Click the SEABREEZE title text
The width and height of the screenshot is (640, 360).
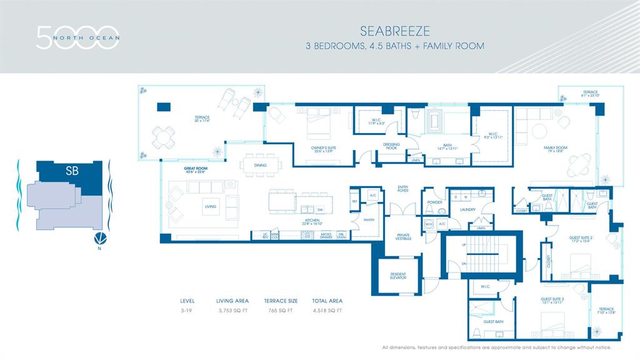click(x=386, y=30)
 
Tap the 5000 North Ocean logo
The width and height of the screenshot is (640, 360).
click(x=77, y=37)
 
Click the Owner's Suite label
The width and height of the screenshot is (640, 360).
click(x=321, y=149)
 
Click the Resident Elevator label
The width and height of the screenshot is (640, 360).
click(x=398, y=276)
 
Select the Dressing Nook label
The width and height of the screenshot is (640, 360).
click(x=391, y=146)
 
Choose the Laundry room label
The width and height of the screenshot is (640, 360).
click(x=468, y=210)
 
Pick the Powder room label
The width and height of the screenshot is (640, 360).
click(x=434, y=202)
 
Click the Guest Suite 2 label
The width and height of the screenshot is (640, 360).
click(x=580, y=237)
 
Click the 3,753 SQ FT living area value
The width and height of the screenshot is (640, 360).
click(x=232, y=310)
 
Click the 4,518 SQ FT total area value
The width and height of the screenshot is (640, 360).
click(x=327, y=310)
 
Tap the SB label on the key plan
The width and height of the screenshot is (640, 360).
click(x=72, y=171)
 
